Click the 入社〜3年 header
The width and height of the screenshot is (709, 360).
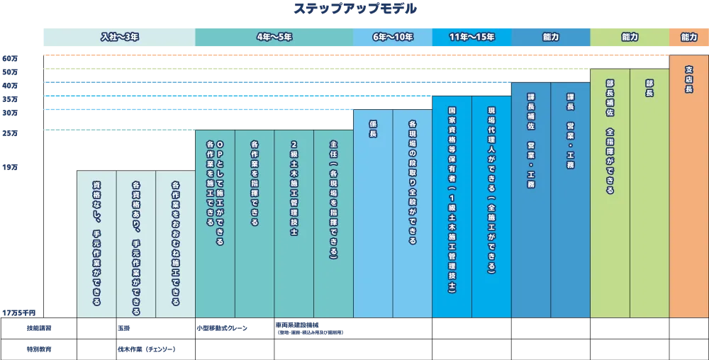117,37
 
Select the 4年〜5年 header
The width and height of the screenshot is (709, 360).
274,37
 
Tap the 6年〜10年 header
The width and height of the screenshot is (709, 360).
392,37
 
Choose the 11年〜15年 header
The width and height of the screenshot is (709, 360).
471,37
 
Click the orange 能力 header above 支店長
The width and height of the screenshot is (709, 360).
688,37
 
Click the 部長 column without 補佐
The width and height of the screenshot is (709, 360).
649,88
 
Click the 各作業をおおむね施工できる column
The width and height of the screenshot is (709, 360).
175,238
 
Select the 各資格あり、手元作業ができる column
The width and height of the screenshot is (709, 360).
135,248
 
